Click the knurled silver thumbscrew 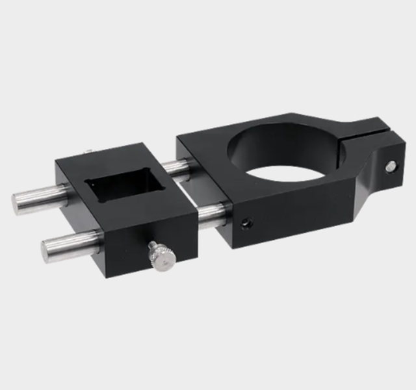point(161,257)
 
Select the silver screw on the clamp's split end point(391,166)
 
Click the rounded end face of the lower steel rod point(48,250)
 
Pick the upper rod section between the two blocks point(175,168)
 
